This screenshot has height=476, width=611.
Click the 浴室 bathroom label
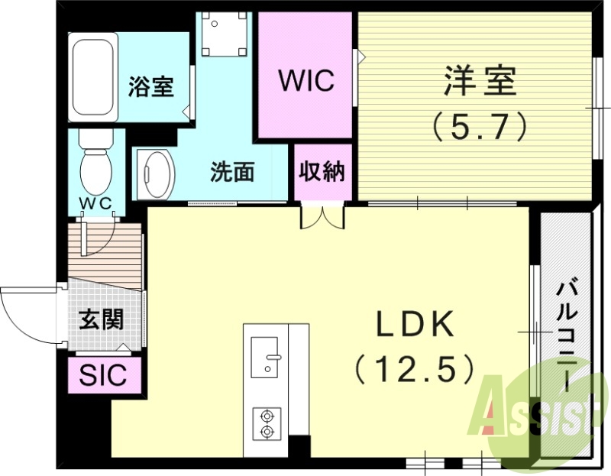pyautogui.click(x=151, y=86)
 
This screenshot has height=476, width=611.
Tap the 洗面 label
pyautogui.click(x=232, y=173)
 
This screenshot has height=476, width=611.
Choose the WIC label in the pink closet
pyautogui.click(x=305, y=81)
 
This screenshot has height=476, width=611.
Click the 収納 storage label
pyautogui.click(x=322, y=172)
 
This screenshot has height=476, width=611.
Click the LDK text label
pyautogui.click(x=415, y=326)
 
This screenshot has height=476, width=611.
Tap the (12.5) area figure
pyautogui.click(x=415, y=370)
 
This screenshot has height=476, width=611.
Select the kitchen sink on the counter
pyautogui.click(x=267, y=356)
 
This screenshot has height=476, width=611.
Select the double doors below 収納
pyautogui.click(x=322, y=216)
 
